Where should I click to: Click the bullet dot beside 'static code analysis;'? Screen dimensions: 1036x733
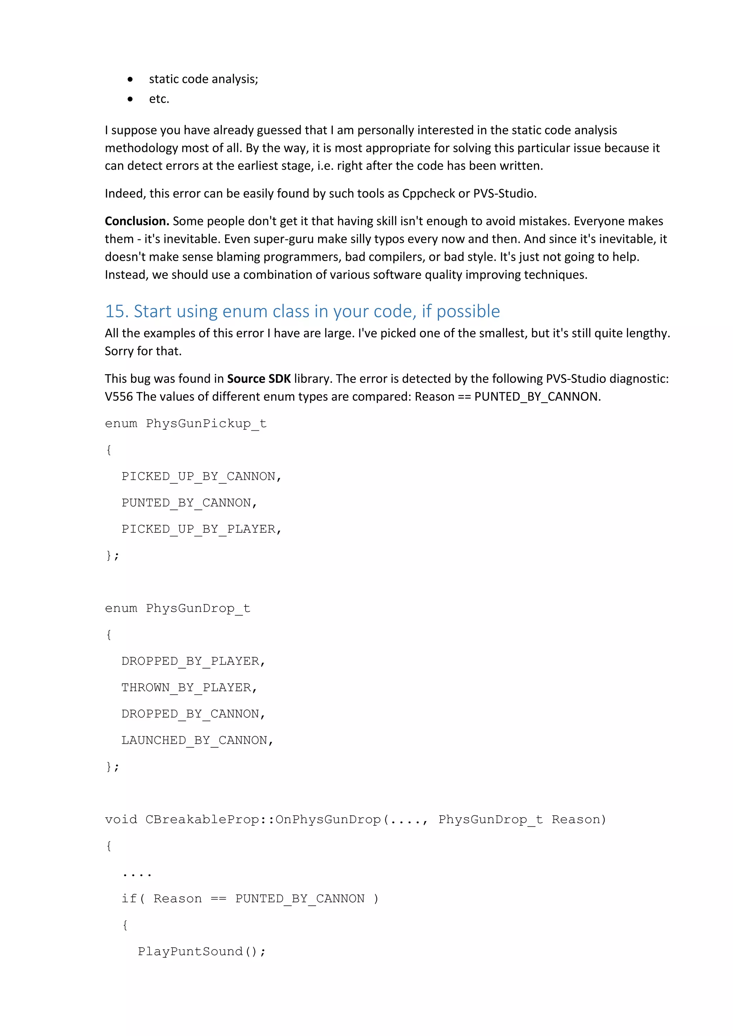click(x=130, y=80)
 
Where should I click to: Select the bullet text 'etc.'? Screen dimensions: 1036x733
click(x=159, y=99)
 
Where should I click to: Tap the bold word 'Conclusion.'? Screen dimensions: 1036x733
click(x=137, y=221)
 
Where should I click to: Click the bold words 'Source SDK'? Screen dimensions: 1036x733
click(x=259, y=378)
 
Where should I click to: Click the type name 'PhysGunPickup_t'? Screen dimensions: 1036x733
click(x=206, y=424)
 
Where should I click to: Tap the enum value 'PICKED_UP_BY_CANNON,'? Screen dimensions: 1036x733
click(x=201, y=477)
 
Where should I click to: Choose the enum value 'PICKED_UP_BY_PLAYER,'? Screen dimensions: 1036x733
click(x=201, y=529)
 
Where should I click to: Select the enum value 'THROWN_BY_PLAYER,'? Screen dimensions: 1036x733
click(x=189, y=688)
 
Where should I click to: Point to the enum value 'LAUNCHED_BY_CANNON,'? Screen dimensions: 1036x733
click(x=197, y=741)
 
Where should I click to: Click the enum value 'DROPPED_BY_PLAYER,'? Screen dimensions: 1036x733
click(x=193, y=661)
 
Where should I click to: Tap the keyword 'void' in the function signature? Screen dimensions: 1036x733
click(x=121, y=820)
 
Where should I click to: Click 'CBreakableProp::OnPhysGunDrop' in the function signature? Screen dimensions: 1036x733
click(x=263, y=820)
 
